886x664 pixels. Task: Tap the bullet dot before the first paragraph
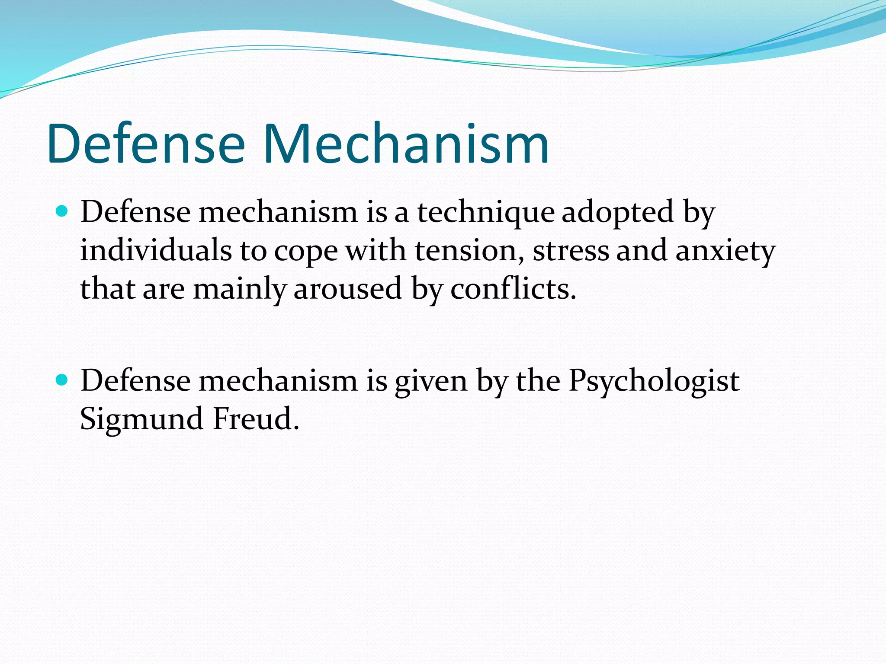(x=62, y=211)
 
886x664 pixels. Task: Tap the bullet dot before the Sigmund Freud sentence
(x=62, y=380)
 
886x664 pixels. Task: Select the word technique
(x=485, y=213)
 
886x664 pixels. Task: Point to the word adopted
(x=618, y=213)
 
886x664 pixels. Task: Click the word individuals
(x=156, y=251)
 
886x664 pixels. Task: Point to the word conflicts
(x=513, y=289)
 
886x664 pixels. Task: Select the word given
(x=431, y=381)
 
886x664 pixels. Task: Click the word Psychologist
(x=654, y=381)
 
